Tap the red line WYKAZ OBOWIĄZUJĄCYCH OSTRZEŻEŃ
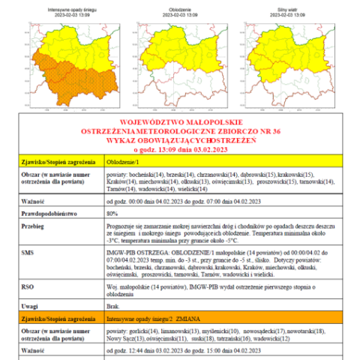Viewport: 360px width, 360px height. pos(179,139)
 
